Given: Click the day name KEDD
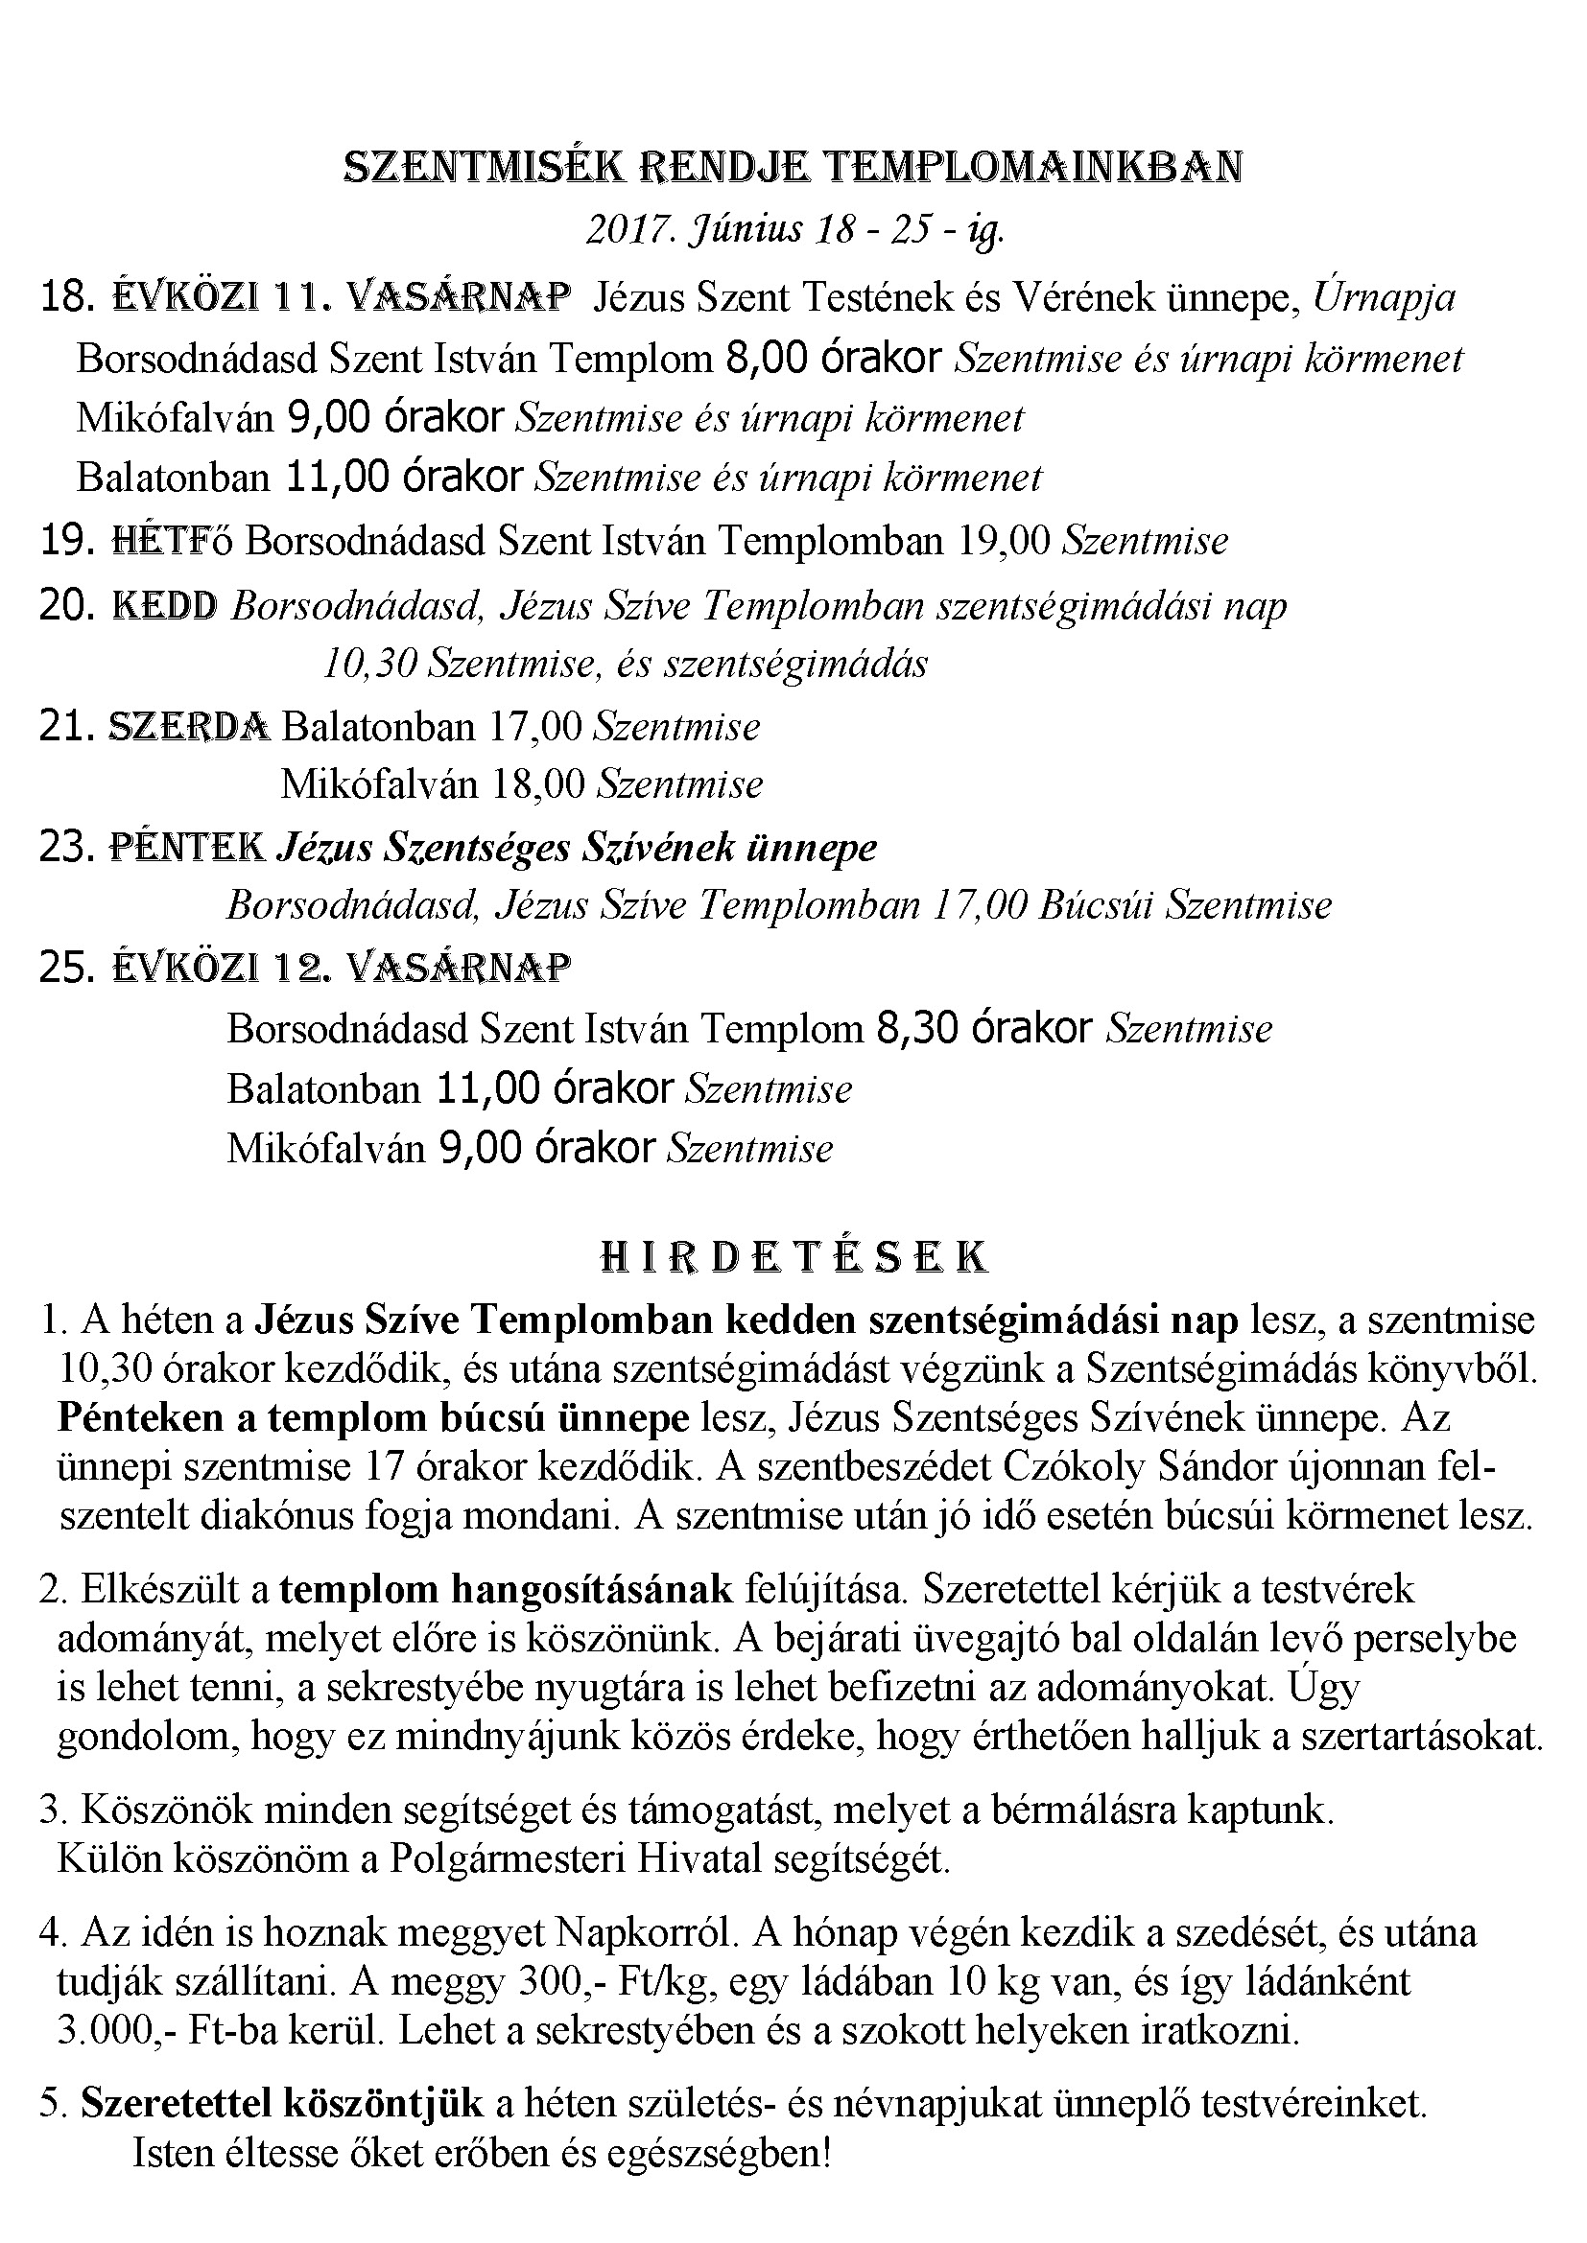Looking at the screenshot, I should pos(165,607).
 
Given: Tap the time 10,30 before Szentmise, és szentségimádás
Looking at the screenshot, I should pos(370,665).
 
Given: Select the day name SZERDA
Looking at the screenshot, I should pos(189,727).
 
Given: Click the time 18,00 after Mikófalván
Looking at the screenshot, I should pos(538,784).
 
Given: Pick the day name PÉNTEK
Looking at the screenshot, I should pos(187,846).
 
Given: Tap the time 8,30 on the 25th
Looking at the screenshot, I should pos(917,1029).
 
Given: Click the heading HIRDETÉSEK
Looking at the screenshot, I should pos(793,1257).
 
